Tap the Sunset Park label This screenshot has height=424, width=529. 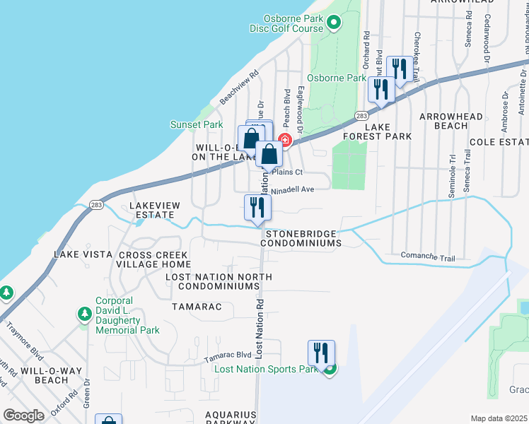point(197,125)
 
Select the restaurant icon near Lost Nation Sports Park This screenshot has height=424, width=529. point(321,353)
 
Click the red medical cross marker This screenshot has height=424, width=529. point(286,140)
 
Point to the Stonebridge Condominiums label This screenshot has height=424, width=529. point(301,238)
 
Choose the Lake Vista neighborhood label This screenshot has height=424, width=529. point(83,254)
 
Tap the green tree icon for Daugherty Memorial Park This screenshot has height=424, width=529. point(84,314)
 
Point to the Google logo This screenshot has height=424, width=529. point(23,416)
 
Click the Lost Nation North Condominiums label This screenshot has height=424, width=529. point(219,281)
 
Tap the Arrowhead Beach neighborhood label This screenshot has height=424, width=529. point(451,121)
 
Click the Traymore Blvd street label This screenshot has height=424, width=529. point(24,338)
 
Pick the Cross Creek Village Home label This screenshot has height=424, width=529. point(153,259)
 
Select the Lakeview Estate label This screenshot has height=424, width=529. point(154,210)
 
